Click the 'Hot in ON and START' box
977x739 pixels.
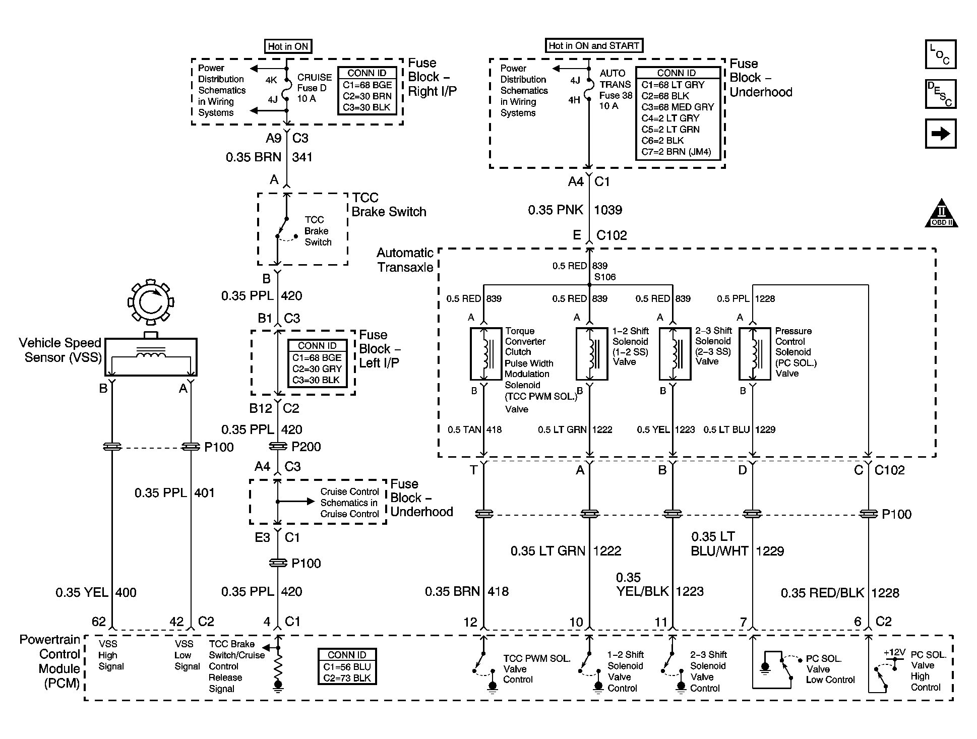pyautogui.click(x=594, y=46)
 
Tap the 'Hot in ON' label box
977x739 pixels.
pyautogui.click(x=288, y=46)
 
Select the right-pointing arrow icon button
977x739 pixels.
pyautogui.click(x=941, y=134)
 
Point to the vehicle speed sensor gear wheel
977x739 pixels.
pyautogui.click(x=150, y=302)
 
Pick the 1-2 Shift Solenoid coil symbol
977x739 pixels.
pyautogui.click(x=592, y=353)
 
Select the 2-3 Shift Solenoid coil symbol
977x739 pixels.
pyautogui.click(x=675, y=353)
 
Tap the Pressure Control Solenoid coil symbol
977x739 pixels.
pyautogui.click(x=755, y=353)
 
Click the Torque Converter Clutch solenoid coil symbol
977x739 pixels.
pyautogui.click(x=486, y=353)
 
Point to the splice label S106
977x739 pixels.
pyautogui.click(x=605, y=277)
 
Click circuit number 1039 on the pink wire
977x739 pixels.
pyautogui.click(x=608, y=210)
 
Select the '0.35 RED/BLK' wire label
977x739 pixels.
pyautogui.click(x=822, y=593)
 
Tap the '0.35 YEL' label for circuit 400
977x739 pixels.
pyautogui.click(x=82, y=592)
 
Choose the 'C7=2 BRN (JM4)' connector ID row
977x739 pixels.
pyautogui.click(x=676, y=152)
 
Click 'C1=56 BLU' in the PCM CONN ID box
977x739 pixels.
pyautogui.click(x=347, y=667)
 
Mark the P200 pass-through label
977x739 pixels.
pyautogui.click(x=306, y=447)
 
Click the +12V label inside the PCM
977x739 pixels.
pyautogui.click(x=894, y=652)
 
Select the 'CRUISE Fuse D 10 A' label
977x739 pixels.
pyautogui.click(x=315, y=88)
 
